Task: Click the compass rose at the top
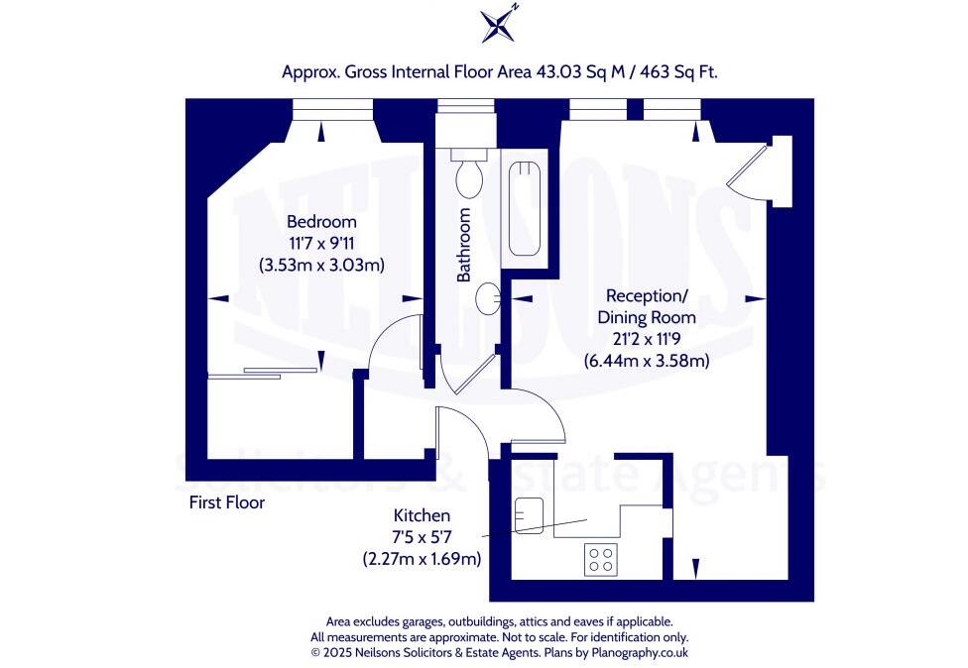click(499, 24)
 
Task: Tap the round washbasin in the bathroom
click(487, 296)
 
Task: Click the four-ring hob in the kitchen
click(599, 560)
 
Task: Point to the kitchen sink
click(526, 514)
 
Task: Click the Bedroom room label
click(321, 221)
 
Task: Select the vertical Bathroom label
click(463, 245)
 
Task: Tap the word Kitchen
click(422, 515)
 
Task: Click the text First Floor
click(227, 502)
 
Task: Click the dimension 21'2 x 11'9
click(646, 339)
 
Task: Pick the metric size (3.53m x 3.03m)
click(321, 265)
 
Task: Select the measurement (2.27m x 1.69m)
click(422, 559)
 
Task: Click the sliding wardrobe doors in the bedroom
click(263, 373)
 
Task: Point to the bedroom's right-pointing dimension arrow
click(409, 297)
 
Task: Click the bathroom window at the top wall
click(466, 107)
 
